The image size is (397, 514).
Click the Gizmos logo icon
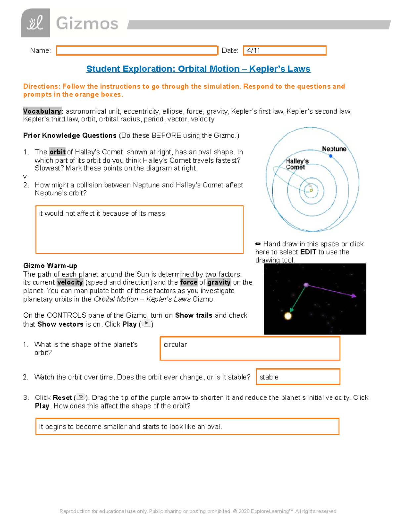[x=35, y=23]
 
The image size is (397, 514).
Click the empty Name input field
[x=137, y=50]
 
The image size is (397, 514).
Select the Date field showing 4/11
[x=285, y=50]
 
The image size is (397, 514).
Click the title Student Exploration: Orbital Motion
[x=198, y=69]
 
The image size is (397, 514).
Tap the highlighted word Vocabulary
[x=43, y=111]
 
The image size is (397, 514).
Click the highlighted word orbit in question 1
[x=57, y=152]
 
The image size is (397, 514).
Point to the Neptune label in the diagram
[x=334, y=149]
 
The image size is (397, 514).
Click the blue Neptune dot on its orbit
[x=331, y=156]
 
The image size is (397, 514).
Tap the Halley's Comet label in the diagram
[x=297, y=164]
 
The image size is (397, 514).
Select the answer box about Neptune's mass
[x=139, y=229]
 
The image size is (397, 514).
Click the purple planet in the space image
[x=306, y=285]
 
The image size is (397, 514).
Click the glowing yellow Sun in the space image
[x=288, y=316]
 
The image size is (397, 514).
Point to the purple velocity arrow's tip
[x=355, y=296]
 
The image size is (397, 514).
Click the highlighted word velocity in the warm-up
[x=70, y=282]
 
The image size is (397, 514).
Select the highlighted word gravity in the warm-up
[x=219, y=282]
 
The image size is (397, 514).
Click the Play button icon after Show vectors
[x=146, y=324]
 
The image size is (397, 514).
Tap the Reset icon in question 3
[x=81, y=397]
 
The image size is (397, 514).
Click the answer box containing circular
[x=250, y=348]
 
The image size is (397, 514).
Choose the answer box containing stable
[x=298, y=377]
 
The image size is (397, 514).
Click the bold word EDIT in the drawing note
[x=308, y=252]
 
